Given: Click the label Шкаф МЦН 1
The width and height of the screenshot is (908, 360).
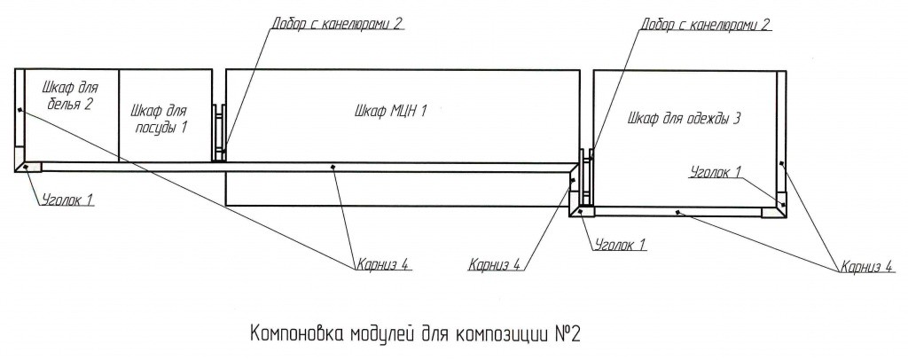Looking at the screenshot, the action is [390, 112].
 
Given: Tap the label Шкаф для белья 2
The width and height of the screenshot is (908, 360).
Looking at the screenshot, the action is [71, 96].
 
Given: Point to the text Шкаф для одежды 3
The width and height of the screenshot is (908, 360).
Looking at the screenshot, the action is [685, 119].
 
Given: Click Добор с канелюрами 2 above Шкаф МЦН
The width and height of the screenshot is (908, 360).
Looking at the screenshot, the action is [337, 24].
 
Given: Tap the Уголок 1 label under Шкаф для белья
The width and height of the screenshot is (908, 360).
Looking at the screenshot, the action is [67, 200].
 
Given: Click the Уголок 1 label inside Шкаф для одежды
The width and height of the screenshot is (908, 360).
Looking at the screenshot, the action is [716, 171].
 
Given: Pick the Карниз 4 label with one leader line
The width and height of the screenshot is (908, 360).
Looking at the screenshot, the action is [497, 266].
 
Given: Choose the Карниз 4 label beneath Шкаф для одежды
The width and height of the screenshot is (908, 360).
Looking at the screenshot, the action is [867, 267].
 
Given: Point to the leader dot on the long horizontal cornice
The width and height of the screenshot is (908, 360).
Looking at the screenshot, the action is [333, 168].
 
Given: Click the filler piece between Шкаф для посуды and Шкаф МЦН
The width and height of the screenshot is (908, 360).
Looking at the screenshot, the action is [219, 132].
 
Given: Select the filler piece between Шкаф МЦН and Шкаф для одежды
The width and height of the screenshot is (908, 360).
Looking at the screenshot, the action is [587, 177].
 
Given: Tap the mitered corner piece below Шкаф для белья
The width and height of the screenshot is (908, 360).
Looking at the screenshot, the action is [29, 168].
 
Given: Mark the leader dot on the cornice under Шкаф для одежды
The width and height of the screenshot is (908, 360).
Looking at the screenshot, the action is [677, 212].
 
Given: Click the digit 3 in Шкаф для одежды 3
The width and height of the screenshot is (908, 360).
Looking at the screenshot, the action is [737, 119].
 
